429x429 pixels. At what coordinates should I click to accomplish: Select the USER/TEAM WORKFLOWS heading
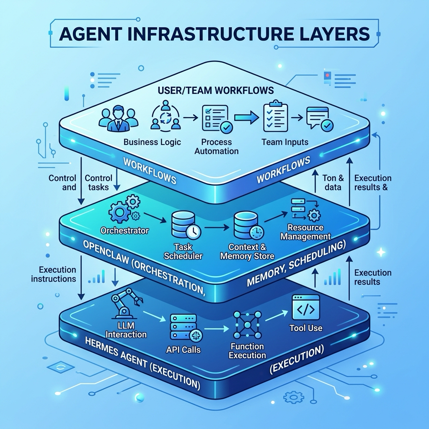coord(216,90)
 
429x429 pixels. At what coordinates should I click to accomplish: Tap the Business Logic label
coord(152,142)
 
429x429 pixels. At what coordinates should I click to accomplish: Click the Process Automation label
coord(217,146)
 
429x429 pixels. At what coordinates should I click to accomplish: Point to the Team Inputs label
coord(285,142)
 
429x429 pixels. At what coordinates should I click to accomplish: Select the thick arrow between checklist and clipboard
coord(246,118)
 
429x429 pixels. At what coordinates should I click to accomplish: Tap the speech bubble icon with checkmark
coord(320,119)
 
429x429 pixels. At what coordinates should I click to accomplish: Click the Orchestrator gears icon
coord(124,209)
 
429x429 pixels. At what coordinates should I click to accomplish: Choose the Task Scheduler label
coord(183,251)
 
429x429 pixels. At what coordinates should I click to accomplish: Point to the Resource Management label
coord(305,232)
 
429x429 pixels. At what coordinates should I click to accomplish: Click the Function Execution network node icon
coord(247,325)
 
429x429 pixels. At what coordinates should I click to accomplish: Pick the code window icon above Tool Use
coord(306,308)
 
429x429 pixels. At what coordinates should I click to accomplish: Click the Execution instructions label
coord(54,274)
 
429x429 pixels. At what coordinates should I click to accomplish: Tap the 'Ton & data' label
coord(333,183)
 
